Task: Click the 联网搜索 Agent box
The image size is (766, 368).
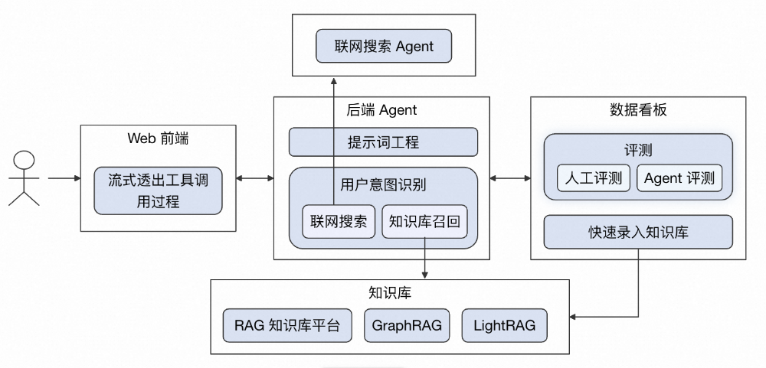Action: click(384, 47)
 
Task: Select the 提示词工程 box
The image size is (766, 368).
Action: click(383, 142)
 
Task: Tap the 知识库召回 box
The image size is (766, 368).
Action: click(424, 222)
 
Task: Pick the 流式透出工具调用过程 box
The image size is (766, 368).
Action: click(158, 191)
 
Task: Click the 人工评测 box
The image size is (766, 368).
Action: click(594, 178)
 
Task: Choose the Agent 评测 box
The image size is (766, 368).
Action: click(679, 178)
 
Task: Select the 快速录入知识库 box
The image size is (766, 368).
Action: click(638, 232)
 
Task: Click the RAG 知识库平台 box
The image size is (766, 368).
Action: click(287, 326)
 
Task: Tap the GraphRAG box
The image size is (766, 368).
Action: click(407, 326)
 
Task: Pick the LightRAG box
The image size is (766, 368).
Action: click(499, 326)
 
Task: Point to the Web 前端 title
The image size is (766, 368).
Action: click(158, 138)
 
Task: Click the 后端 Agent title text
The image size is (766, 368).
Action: click(382, 110)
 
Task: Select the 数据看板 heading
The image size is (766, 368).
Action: click(638, 110)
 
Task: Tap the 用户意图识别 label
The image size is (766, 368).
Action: click(383, 184)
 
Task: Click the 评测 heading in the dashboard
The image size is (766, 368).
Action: click(638, 149)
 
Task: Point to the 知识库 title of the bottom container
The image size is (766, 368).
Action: click(390, 293)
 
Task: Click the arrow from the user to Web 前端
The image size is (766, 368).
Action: click(64, 178)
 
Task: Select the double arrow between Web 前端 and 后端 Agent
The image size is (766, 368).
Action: click(255, 178)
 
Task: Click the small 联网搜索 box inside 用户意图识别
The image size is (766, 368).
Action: click(339, 222)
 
